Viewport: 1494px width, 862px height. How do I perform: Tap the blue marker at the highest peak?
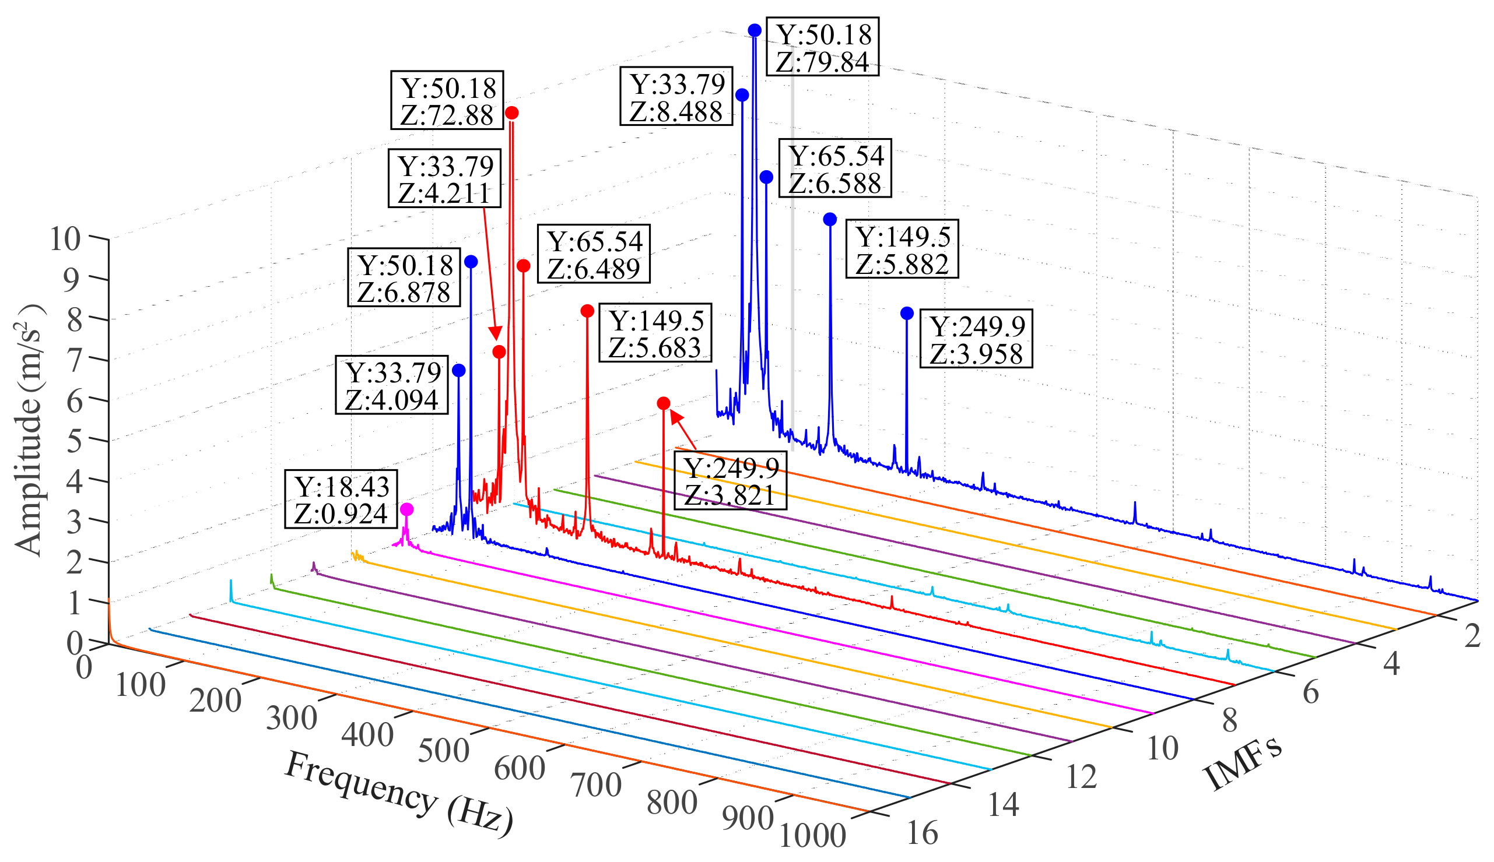click(x=755, y=30)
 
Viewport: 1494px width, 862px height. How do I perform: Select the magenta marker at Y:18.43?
click(x=407, y=509)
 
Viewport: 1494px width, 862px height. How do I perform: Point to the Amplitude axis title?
click(x=29, y=430)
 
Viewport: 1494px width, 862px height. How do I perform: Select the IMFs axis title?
click(x=1244, y=763)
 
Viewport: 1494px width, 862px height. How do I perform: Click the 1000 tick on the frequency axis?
click(x=812, y=835)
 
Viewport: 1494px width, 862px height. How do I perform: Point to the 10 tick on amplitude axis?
click(x=65, y=240)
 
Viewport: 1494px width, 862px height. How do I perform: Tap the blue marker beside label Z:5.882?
click(x=830, y=220)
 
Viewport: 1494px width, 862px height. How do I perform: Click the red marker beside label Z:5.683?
click(x=587, y=311)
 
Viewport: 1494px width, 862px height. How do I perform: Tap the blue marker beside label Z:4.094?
click(x=459, y=371)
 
